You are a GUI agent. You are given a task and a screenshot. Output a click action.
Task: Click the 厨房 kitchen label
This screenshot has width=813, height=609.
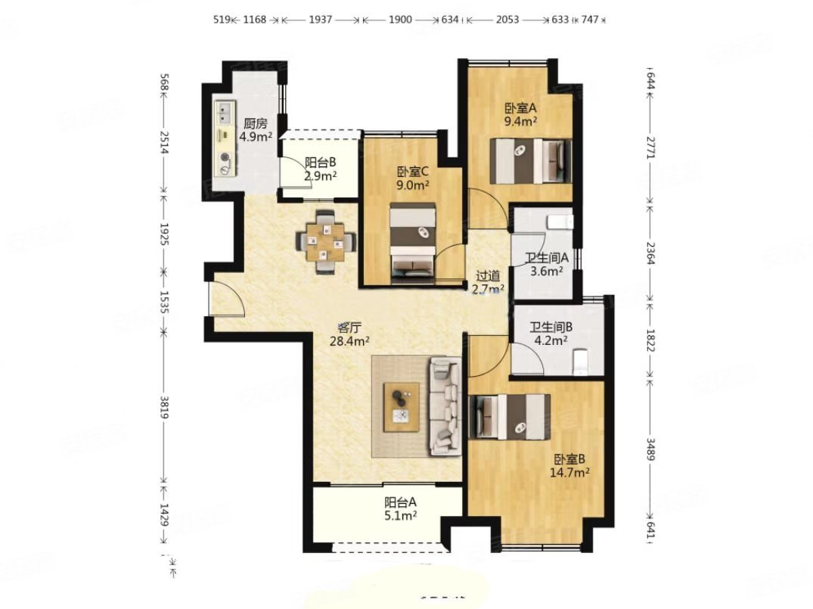(x=255, y=123)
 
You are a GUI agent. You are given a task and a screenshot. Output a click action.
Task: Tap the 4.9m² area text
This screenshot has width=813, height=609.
(x=256, y=137)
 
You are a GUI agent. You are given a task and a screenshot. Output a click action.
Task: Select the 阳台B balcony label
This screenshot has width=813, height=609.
(x=321, y=163)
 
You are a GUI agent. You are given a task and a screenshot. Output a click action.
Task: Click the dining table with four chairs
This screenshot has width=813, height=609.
(x=325, y=241)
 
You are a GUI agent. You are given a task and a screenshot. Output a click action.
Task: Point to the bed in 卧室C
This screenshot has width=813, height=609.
(x=413, y=243)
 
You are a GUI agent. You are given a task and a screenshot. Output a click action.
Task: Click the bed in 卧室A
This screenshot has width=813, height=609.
(x=530, y=161)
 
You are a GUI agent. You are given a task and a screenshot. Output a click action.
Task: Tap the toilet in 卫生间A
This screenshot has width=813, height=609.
(x=560, y=222)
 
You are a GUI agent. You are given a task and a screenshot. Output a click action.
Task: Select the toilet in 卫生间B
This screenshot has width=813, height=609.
(x=580, y=362)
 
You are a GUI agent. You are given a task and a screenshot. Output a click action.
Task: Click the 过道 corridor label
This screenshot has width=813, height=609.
(x=488, y=276)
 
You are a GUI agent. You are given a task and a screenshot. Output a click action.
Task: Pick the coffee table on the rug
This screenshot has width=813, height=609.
(x=402, y=407)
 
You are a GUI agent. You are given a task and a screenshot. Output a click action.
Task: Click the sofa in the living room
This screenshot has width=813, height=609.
(x=445, y=406)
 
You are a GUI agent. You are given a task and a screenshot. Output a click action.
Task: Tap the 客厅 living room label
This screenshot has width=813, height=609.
(x=349, y=328)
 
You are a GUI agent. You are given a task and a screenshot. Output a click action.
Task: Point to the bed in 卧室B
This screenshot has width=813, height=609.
(x=509, y=417)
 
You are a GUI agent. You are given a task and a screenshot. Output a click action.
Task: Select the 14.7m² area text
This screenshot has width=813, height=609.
(x=569, y=473)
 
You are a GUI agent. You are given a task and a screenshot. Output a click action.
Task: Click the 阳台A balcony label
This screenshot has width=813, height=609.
(x=400, y=502)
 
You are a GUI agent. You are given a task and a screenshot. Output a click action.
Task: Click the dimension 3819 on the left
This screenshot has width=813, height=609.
(x=164, y=407)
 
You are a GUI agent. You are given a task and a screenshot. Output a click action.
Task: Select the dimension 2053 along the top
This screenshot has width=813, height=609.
(x=507, y=20)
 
